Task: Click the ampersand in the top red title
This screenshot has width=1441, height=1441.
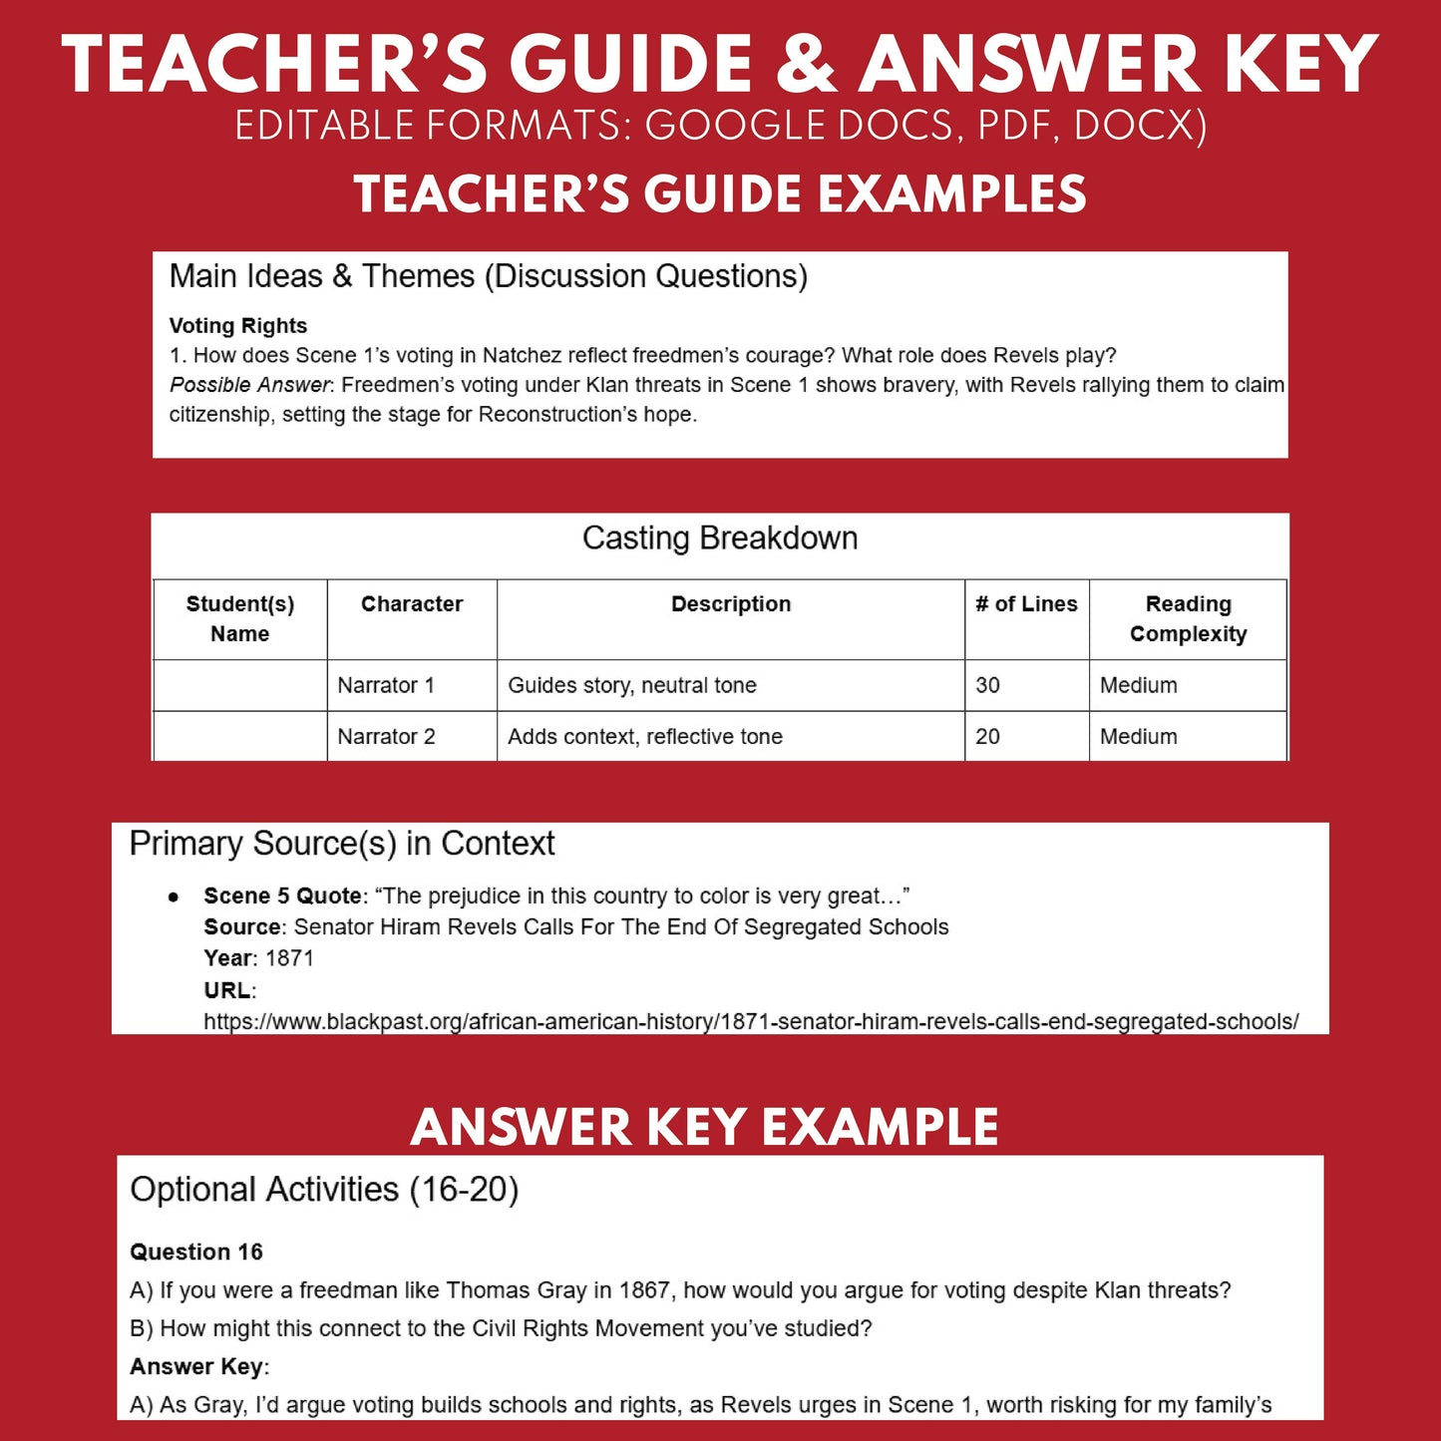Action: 805,66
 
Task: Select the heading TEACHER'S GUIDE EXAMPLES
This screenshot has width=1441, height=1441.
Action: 720,193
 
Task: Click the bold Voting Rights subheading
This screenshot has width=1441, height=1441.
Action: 237,326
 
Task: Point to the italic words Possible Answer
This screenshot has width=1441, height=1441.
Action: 249,385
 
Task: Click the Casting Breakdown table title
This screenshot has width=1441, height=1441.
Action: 720,539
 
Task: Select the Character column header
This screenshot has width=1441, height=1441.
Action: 412,604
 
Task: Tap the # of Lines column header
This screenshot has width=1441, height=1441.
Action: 1026,604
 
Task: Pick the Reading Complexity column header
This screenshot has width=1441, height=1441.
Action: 1188,618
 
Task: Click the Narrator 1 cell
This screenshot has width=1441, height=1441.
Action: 386,685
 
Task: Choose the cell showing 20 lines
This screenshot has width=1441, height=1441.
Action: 987,737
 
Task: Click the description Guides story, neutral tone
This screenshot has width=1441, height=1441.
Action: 632,685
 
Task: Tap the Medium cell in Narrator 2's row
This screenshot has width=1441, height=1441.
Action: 1138,737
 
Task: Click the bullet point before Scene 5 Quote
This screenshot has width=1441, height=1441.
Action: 175,898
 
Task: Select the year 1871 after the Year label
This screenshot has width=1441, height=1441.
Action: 289,958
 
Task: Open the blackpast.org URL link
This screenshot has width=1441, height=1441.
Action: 751,1021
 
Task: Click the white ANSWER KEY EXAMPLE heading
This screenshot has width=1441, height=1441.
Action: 704,1128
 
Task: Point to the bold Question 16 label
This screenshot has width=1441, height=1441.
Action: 196,1253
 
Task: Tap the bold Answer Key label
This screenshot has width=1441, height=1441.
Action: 198,1367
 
